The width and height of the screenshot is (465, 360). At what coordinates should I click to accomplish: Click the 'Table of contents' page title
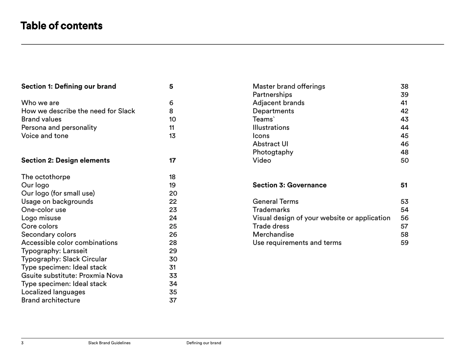(x=62, y=26)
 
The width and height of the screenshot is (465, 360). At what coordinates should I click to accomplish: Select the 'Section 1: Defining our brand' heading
(x=69, y=87)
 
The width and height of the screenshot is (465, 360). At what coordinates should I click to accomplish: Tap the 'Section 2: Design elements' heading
(x=66, y=161)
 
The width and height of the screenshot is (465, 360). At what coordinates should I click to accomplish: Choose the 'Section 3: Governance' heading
(x=289, y=185)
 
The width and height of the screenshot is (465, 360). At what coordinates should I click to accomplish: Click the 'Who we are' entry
(x=40, y=103)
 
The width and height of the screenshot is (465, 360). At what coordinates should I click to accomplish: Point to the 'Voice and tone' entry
(x=45, y=136)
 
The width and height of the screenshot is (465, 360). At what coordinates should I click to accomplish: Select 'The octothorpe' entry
(x=46, y=177)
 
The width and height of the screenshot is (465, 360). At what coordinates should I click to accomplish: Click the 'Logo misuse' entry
(x=41, y=218)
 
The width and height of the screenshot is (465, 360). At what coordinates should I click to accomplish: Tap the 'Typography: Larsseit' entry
(x=54, y=251)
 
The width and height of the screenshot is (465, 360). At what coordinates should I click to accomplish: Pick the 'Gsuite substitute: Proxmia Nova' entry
(x=72, y=276)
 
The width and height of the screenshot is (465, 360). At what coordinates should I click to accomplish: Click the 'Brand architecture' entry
(x=50, y=300)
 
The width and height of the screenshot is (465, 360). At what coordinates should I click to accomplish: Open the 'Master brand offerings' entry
(x=289, y=87)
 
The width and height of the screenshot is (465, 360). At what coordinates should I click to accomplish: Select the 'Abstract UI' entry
(x=270, y=144)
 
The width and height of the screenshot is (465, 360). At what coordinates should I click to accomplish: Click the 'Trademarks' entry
(x=271, y=210)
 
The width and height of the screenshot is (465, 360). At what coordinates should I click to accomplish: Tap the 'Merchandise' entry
(x=273, y=235)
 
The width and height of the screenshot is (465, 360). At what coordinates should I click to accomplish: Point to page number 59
(x=404, y=243)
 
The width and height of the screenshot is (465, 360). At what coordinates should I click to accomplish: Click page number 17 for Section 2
(x=172, y=161)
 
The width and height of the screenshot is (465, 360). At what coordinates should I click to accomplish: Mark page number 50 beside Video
(x=404, y=161)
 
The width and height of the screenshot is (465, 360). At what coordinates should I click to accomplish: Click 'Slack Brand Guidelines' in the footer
(x=109, y=343)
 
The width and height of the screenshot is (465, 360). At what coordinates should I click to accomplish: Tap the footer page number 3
(x=22, y=343)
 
